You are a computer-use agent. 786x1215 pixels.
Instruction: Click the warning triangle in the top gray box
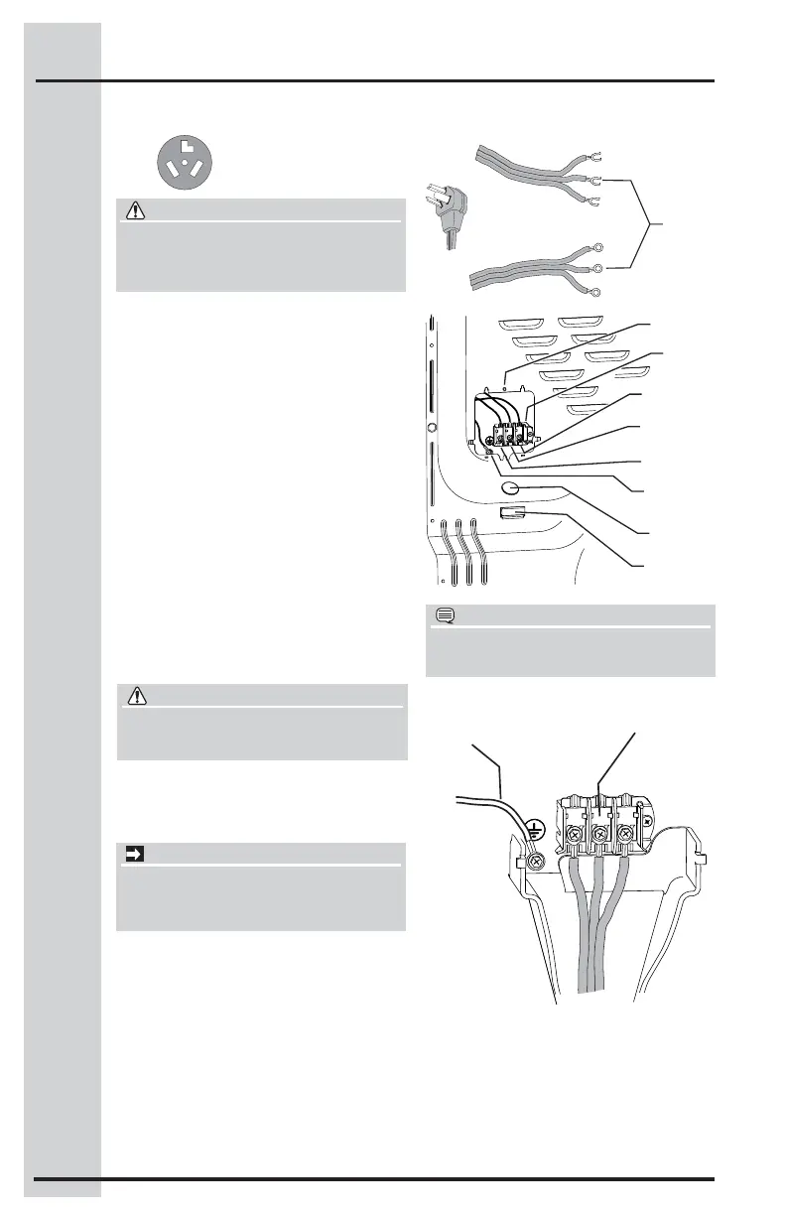pyautogui.click(x=131, y=209)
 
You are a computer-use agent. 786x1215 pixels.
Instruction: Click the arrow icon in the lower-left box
pyautogui.click(x=131, y=854)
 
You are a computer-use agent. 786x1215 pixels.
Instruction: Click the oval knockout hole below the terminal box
pyautogui.click(x=512, y=488)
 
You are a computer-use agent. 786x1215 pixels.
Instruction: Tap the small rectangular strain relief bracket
pyautogui.click(x=512, y=512)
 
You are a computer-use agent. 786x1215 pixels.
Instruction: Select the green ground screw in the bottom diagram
pyautogui.click(x=534, y=861)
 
